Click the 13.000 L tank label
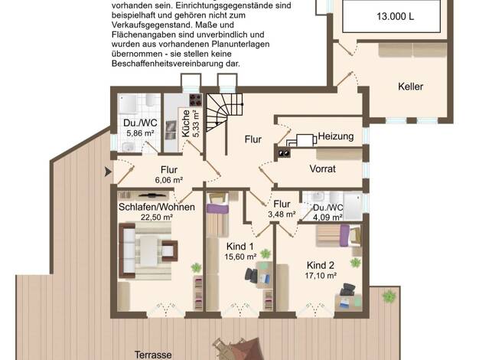pyautogui.click(x=396, y=16)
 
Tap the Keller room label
pyautogui.click(x=411, y=87)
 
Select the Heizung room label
pyautogui.click(x=336, y=136)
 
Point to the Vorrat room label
pyautogui.click(x=323, y=169)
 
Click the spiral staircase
pyautogui.click(x=224, y=113)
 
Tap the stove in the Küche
pyautogui.click(x=196, y=100)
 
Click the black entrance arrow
pyautogui.click(x=108, y=172)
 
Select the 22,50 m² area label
pyautogui.click(x=157, y=218)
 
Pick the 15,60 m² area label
pyautogui.click(x=240, y=257)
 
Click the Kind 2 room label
pyautogui.click(x=321, y=265)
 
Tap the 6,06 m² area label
pyautogui.click(x=169, y=180)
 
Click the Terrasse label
pyautogui.click(x=153, y=355)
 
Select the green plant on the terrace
pyautogui.click(x=389, y=296)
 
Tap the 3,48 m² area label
pyautogui.click(x=282, y=214)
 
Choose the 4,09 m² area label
pyautogui.click(x=327, y=218)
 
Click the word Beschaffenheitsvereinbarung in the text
pyautogui.click(x=176, y=64)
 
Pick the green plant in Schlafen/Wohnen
pyautogui.click(x=196, y=267)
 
